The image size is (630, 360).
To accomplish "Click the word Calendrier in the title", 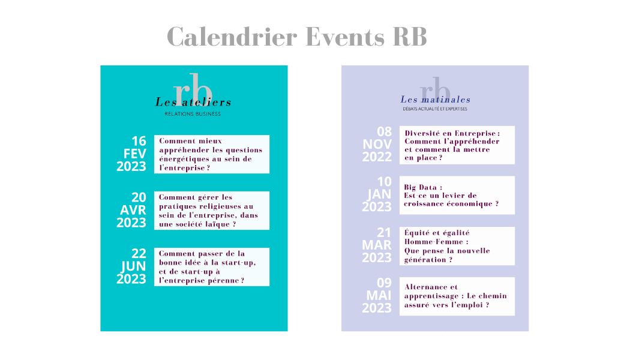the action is point(232,37).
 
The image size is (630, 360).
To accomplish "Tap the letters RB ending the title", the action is point(410,37).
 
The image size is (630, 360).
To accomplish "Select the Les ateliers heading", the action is point(193,102).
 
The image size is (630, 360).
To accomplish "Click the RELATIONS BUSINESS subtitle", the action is point(193,114).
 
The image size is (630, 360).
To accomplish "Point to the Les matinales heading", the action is point(435,99).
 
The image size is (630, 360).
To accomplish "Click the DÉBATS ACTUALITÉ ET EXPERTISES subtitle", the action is point(435,109).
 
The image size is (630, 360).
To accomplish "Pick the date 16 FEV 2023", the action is point(131,154).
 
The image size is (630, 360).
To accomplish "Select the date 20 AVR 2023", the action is point(131,210).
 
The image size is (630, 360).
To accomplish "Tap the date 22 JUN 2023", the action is point(131,266).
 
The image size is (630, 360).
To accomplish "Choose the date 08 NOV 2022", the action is point(377,144).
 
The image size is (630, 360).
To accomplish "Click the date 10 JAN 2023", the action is point(377,194).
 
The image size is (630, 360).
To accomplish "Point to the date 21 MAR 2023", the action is point(377,245).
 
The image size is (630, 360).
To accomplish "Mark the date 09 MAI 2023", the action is point(377,295).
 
